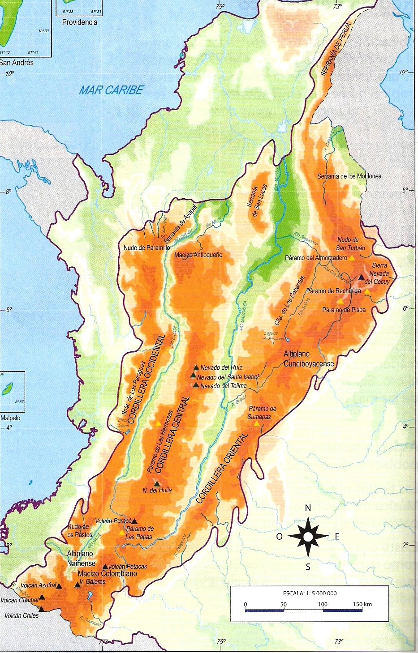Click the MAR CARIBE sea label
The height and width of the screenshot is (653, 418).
pos(111,90)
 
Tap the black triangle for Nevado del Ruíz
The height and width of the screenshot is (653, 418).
pos(196,368)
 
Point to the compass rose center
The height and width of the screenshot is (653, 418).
pos(308,536)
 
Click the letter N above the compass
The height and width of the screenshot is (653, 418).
pos(308,508)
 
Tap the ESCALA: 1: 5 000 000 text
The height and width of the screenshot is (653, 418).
pos(310,593)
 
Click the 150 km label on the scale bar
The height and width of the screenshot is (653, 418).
pos(362,604)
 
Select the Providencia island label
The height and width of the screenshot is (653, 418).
pos(79,22)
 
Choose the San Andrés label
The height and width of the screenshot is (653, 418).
pos(17,63)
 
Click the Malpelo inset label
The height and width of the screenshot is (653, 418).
pos(10,418)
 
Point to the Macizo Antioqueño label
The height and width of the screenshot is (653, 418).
pos(198,255)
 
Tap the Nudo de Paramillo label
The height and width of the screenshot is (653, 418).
pos(147,248)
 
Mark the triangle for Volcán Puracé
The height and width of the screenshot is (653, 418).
pos(134,521)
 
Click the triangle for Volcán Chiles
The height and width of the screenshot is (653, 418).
pos(42,609)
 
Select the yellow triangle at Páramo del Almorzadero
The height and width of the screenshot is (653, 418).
pos(352,258)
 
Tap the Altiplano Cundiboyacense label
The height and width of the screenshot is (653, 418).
pos(309,359)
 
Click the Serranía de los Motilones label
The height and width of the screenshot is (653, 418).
pos(349,176)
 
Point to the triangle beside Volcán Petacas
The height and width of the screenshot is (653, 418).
pos(105,566)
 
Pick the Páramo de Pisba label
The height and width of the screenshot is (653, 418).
pos(344,309)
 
